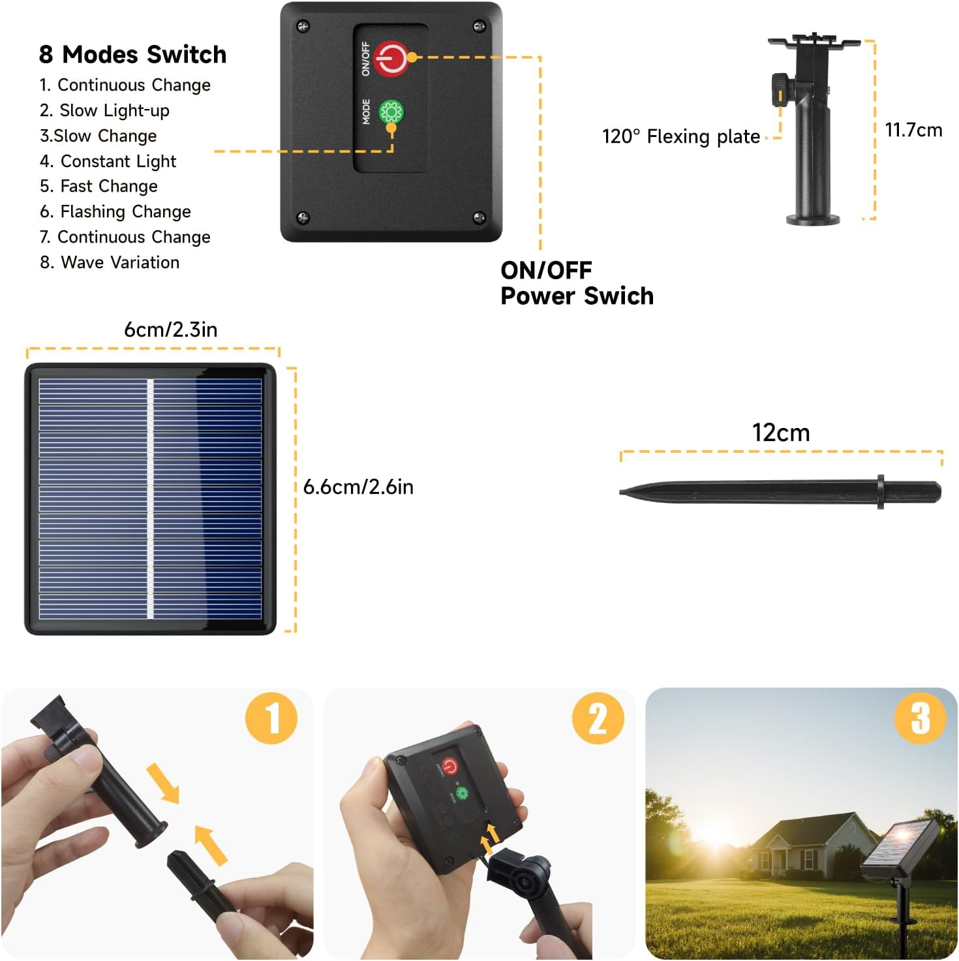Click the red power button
click(x=391, y=59)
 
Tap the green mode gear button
click(x=391, y=112)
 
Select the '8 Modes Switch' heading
click(x=132, y=54)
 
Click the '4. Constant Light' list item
click(x=108, y=161)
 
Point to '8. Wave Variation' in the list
click(x=110, y=262)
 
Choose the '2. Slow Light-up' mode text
click(x=105, y=110)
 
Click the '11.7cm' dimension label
click(x=913, y=130)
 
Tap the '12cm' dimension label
click(x=781, y=433)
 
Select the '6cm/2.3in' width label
click(x=170, y=329)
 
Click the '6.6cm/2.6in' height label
click(x=358, y=487)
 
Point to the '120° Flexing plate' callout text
click(x=681, y=136)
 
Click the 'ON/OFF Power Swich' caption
click(x=577, y=283)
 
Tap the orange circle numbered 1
click(x=271, y=718)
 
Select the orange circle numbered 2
click(x=598, y=718)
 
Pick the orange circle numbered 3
click(x=920, y=718)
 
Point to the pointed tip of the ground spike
click(x=621, y=492)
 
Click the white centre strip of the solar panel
click(x=150, y=498)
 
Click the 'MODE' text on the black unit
click(x=366, y=112)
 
